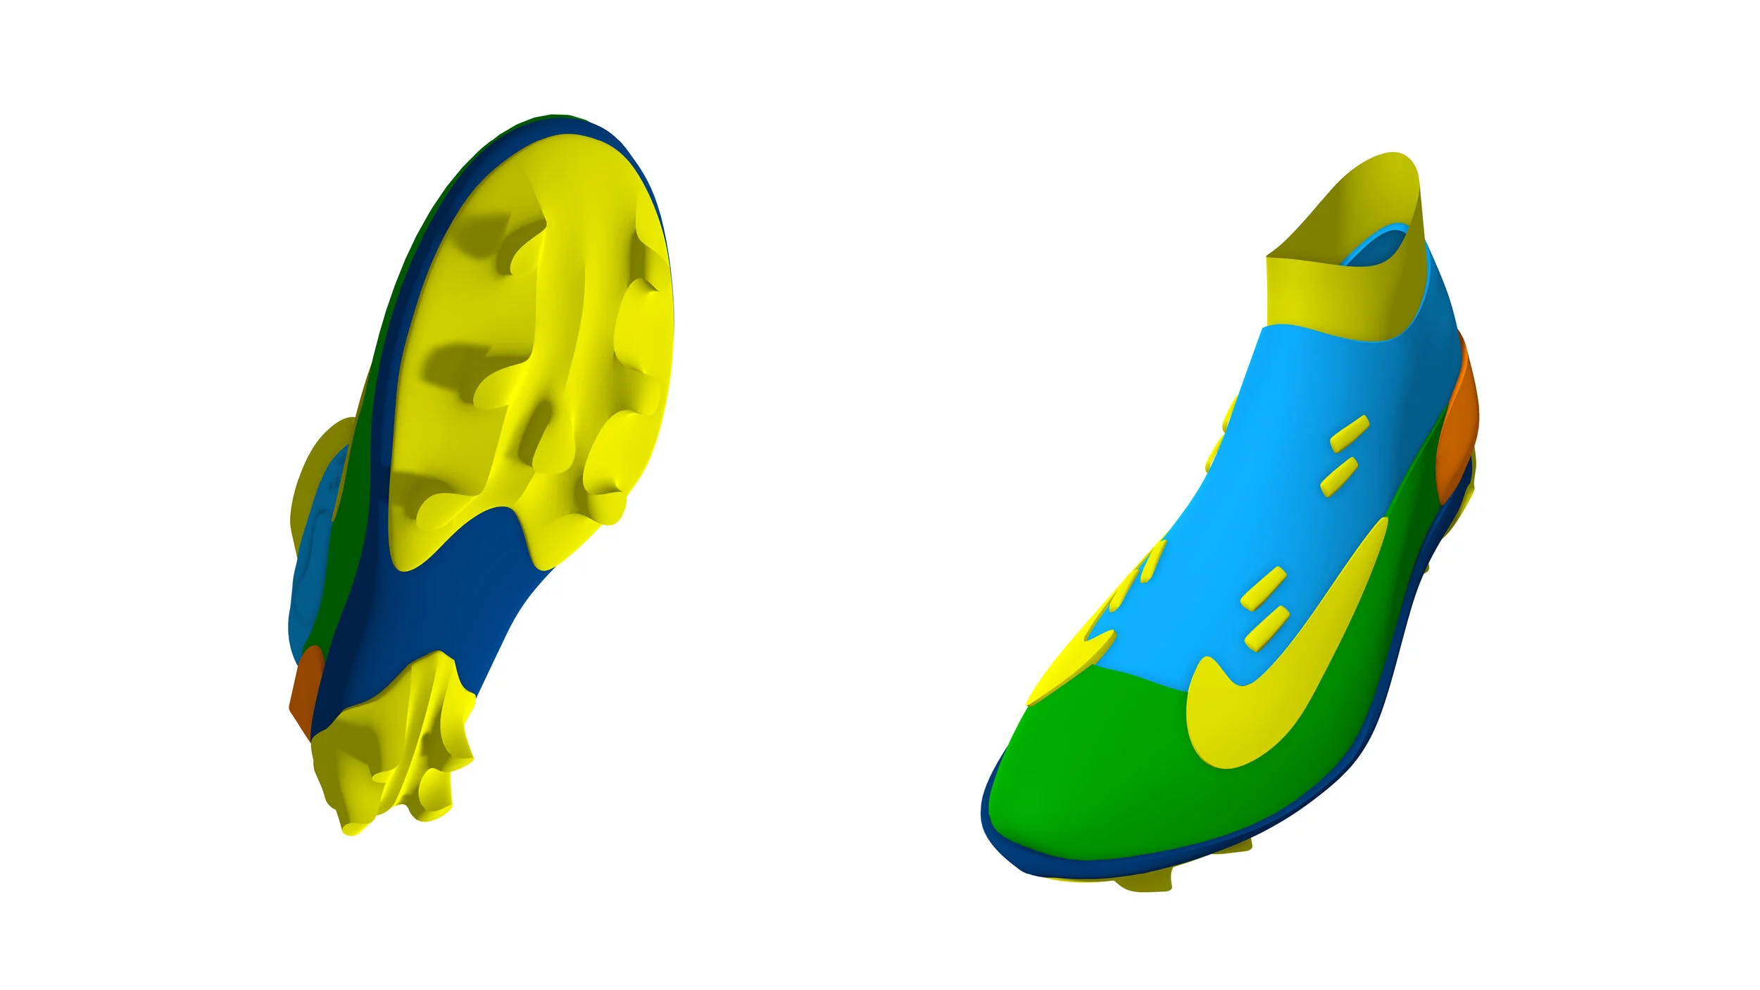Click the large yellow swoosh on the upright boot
coord(1260,711)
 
